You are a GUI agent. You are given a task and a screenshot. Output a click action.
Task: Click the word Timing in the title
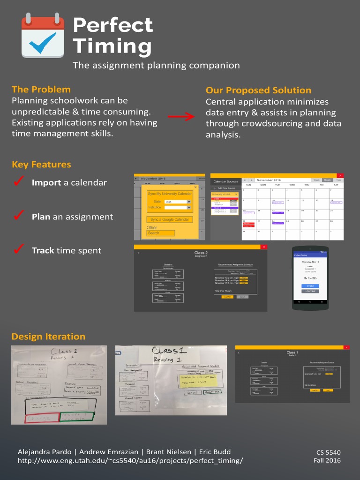112,46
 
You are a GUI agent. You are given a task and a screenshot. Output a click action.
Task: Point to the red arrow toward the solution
181,116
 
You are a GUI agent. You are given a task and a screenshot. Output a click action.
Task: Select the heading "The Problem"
41,90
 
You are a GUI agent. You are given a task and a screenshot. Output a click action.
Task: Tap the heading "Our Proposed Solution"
258,90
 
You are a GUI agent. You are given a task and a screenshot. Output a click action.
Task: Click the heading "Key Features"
41,165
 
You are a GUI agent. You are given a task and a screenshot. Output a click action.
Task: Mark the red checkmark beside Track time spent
19,250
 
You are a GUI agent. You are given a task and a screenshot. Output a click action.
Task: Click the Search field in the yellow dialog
161,233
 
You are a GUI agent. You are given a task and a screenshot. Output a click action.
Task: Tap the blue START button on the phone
310,286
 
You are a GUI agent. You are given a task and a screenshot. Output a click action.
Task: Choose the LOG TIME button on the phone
310,292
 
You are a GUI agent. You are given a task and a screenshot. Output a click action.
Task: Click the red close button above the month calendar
340,176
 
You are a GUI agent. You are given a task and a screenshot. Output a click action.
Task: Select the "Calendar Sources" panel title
225,181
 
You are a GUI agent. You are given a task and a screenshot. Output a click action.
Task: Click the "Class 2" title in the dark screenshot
201,253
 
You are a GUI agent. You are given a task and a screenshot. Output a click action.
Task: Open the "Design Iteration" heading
48,337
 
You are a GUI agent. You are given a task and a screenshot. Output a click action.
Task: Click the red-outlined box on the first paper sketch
41,417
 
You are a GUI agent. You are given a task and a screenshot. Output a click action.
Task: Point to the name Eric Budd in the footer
215,452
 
